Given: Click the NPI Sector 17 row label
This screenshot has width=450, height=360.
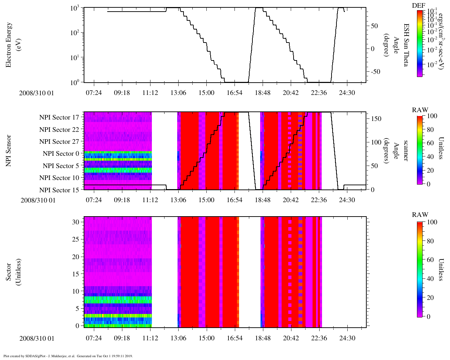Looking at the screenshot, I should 59,117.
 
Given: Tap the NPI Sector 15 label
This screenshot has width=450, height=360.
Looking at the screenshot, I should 59,190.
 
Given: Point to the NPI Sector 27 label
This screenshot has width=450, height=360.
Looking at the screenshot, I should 59,142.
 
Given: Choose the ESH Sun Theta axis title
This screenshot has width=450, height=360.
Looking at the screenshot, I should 406,45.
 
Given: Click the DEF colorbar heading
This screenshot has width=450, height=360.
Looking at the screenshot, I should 419,5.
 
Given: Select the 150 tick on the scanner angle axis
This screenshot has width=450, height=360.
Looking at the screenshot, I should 376,119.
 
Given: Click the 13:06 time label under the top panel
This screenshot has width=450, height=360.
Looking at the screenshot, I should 178,93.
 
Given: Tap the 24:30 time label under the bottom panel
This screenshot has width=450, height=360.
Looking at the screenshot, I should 347,338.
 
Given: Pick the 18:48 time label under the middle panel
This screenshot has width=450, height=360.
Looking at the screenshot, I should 263,200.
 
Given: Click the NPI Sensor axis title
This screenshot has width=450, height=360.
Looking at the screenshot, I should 8,150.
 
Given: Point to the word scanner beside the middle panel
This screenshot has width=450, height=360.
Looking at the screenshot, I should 406,150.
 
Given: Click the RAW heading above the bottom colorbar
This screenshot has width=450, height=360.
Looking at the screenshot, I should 420,215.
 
